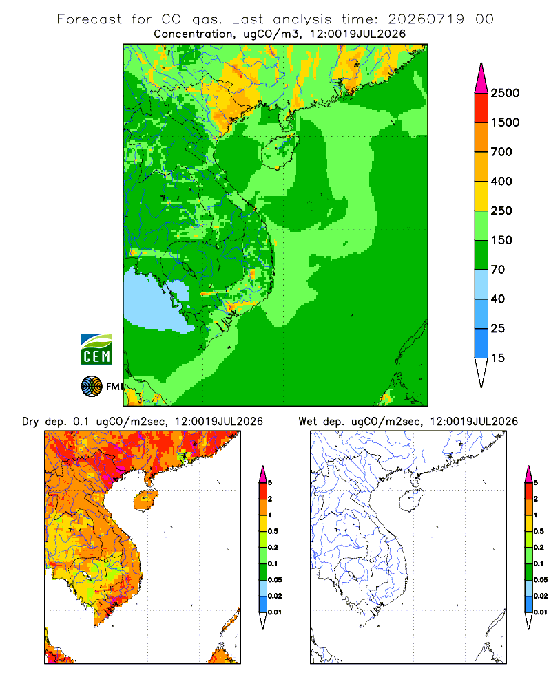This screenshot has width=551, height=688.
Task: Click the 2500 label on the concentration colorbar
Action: (505, 93)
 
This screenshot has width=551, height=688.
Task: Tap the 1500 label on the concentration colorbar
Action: (505, 122)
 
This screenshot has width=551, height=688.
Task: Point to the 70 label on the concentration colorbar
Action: (497, 270)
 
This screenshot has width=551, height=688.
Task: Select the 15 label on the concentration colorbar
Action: (497, 358)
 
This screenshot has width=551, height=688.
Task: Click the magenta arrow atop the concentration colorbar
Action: (481, 78)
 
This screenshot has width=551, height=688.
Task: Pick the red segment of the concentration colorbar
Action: (481, 108)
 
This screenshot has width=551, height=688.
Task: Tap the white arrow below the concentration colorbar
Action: (481, 372)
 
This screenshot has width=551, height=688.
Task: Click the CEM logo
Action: (96, 350)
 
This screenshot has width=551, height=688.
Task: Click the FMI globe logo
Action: (92, 387)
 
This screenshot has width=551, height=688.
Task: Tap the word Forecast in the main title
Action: (90, 19)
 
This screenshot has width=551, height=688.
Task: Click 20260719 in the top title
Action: (426, 19)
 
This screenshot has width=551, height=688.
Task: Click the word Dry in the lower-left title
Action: (30, 422)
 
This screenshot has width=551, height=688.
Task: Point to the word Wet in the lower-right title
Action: (308, 422)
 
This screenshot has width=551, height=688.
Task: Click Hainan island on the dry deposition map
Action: (145, 500)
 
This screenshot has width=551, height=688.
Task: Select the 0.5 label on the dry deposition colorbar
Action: (273, 531)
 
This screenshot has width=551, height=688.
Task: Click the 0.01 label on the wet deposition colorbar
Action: (541, 612)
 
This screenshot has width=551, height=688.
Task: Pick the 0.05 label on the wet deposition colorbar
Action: (541, 579)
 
